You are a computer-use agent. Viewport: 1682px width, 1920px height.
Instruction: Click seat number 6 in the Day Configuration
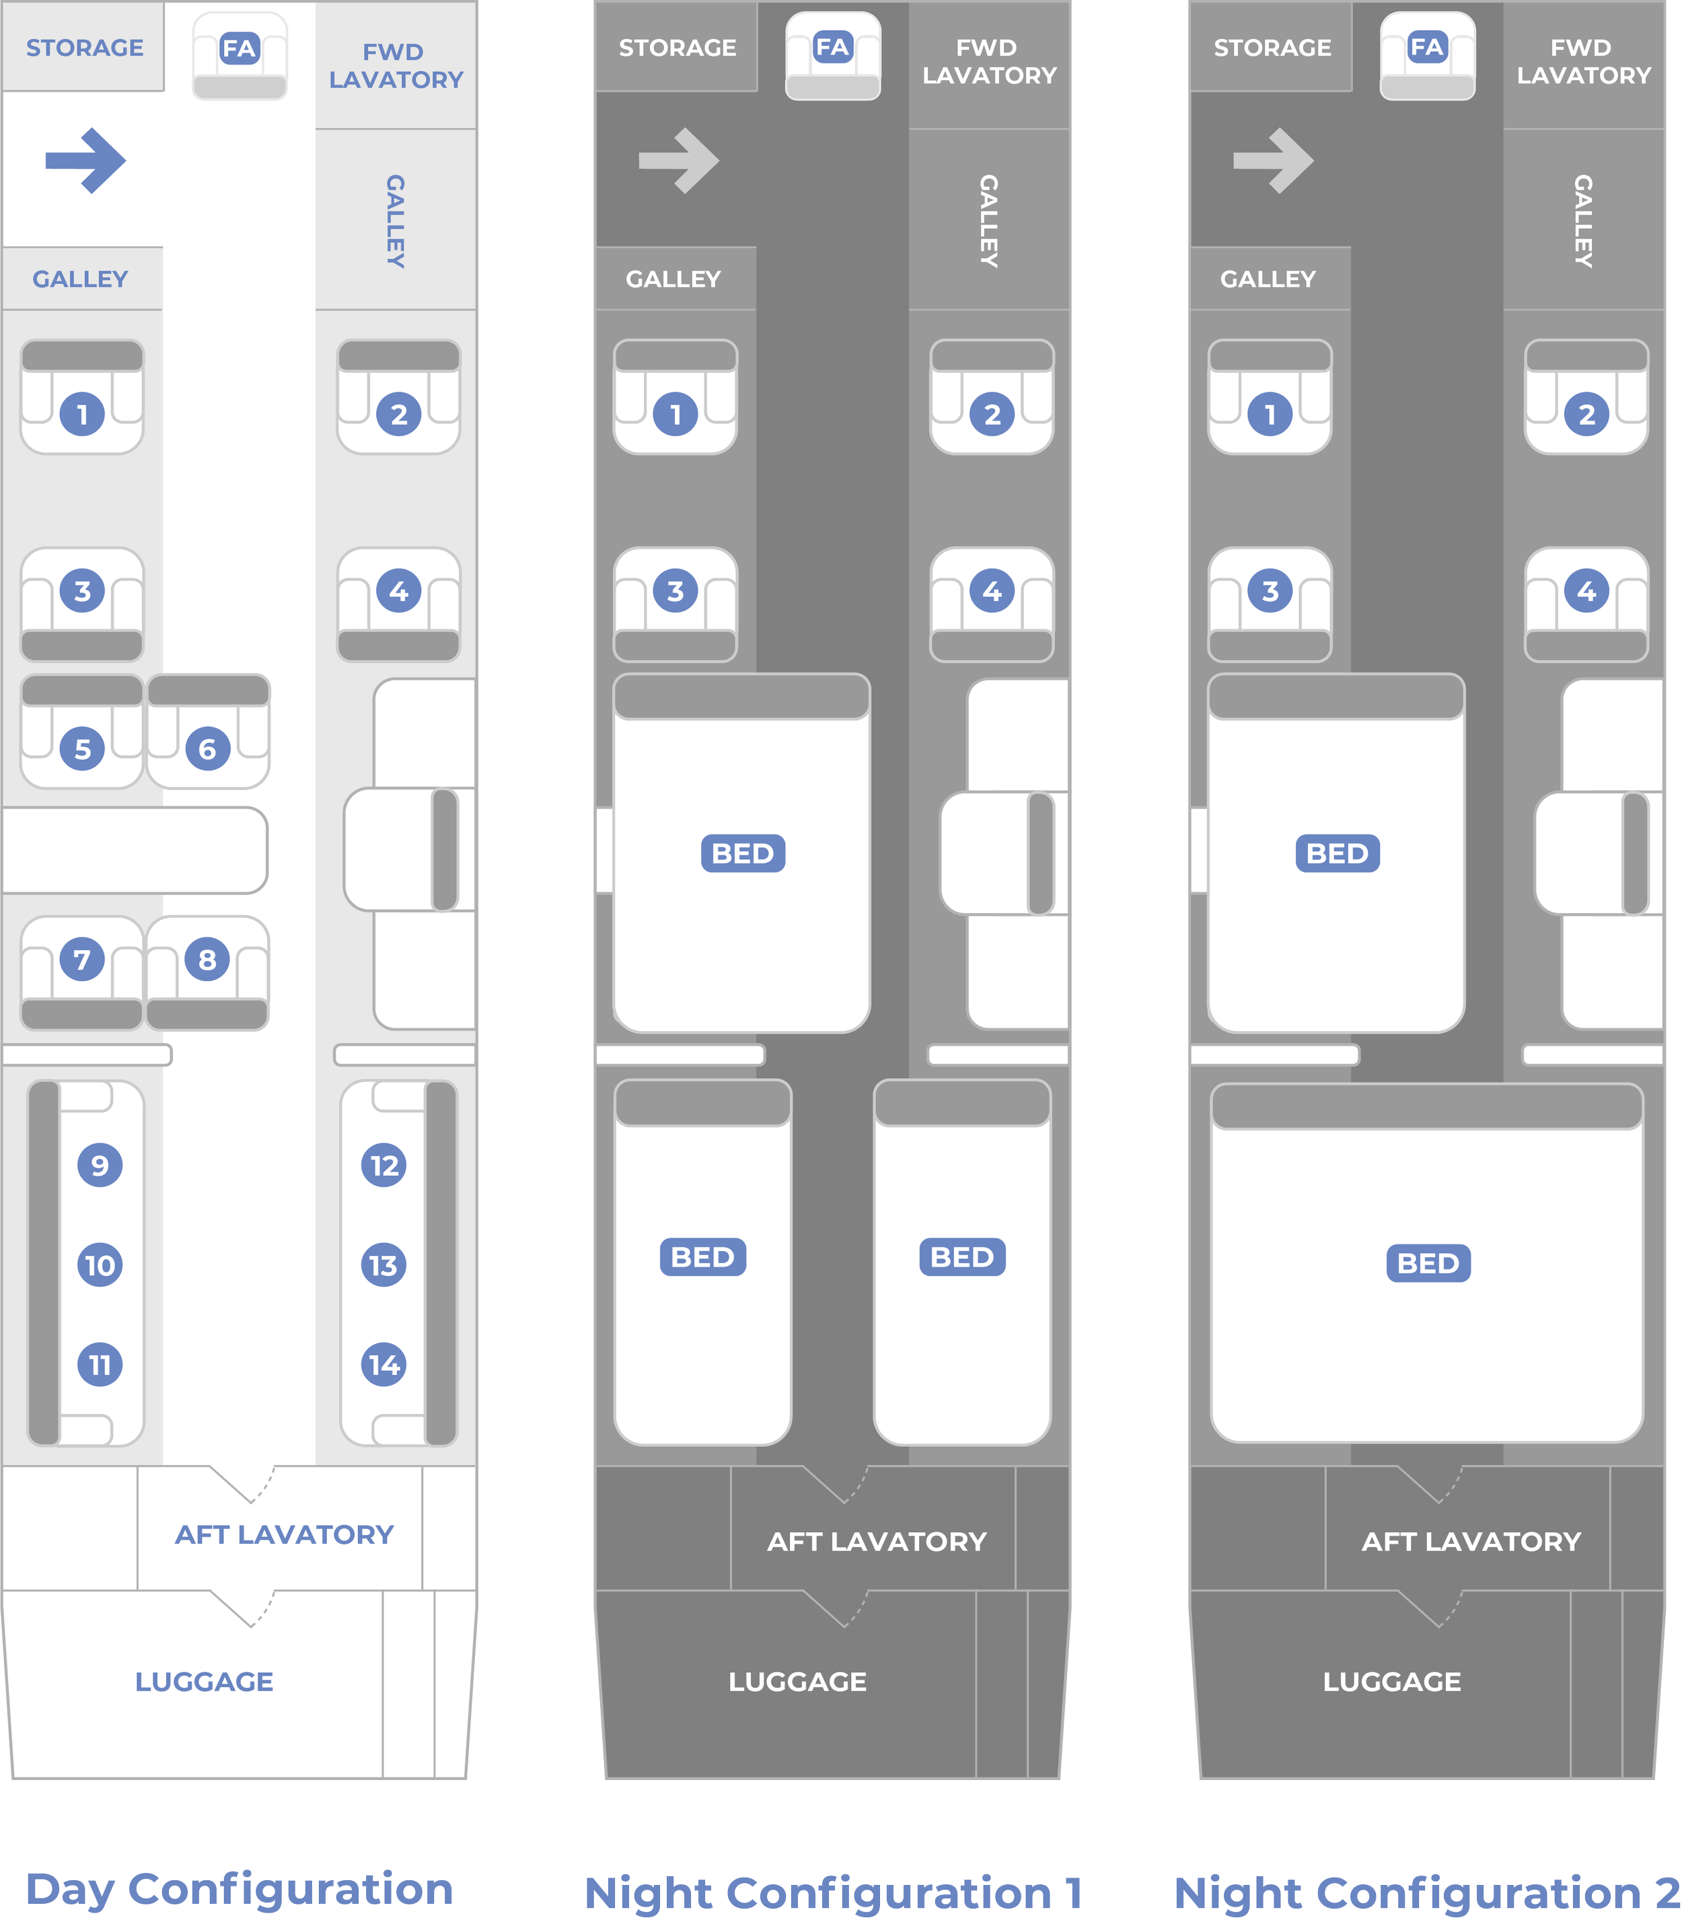click(207, 748)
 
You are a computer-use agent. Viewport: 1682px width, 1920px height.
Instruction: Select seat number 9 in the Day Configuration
click(100, 1165)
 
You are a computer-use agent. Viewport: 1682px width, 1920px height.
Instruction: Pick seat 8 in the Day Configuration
click(207, 958)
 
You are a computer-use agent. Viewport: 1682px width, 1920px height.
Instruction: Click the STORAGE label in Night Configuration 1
click(677, 48)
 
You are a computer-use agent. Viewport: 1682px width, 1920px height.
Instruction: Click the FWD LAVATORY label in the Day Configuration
click(395, 66)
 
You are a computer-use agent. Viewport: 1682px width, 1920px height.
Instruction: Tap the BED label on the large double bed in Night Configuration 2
click(1428, 1263)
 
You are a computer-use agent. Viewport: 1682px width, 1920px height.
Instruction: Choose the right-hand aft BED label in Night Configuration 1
click(961, 1256)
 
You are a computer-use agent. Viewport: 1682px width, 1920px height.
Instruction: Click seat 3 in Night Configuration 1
click(675, 591)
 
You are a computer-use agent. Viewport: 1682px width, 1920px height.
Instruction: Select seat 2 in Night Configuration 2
click(1586, 414)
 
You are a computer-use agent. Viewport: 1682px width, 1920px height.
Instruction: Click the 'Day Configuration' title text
click(240, 1889)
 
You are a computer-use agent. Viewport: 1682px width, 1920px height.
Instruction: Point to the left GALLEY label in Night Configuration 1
click(673, 279)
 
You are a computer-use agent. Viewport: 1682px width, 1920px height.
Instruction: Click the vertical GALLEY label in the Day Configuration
click(395, 221)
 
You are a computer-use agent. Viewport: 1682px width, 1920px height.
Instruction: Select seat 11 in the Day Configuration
click(100, 1364)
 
